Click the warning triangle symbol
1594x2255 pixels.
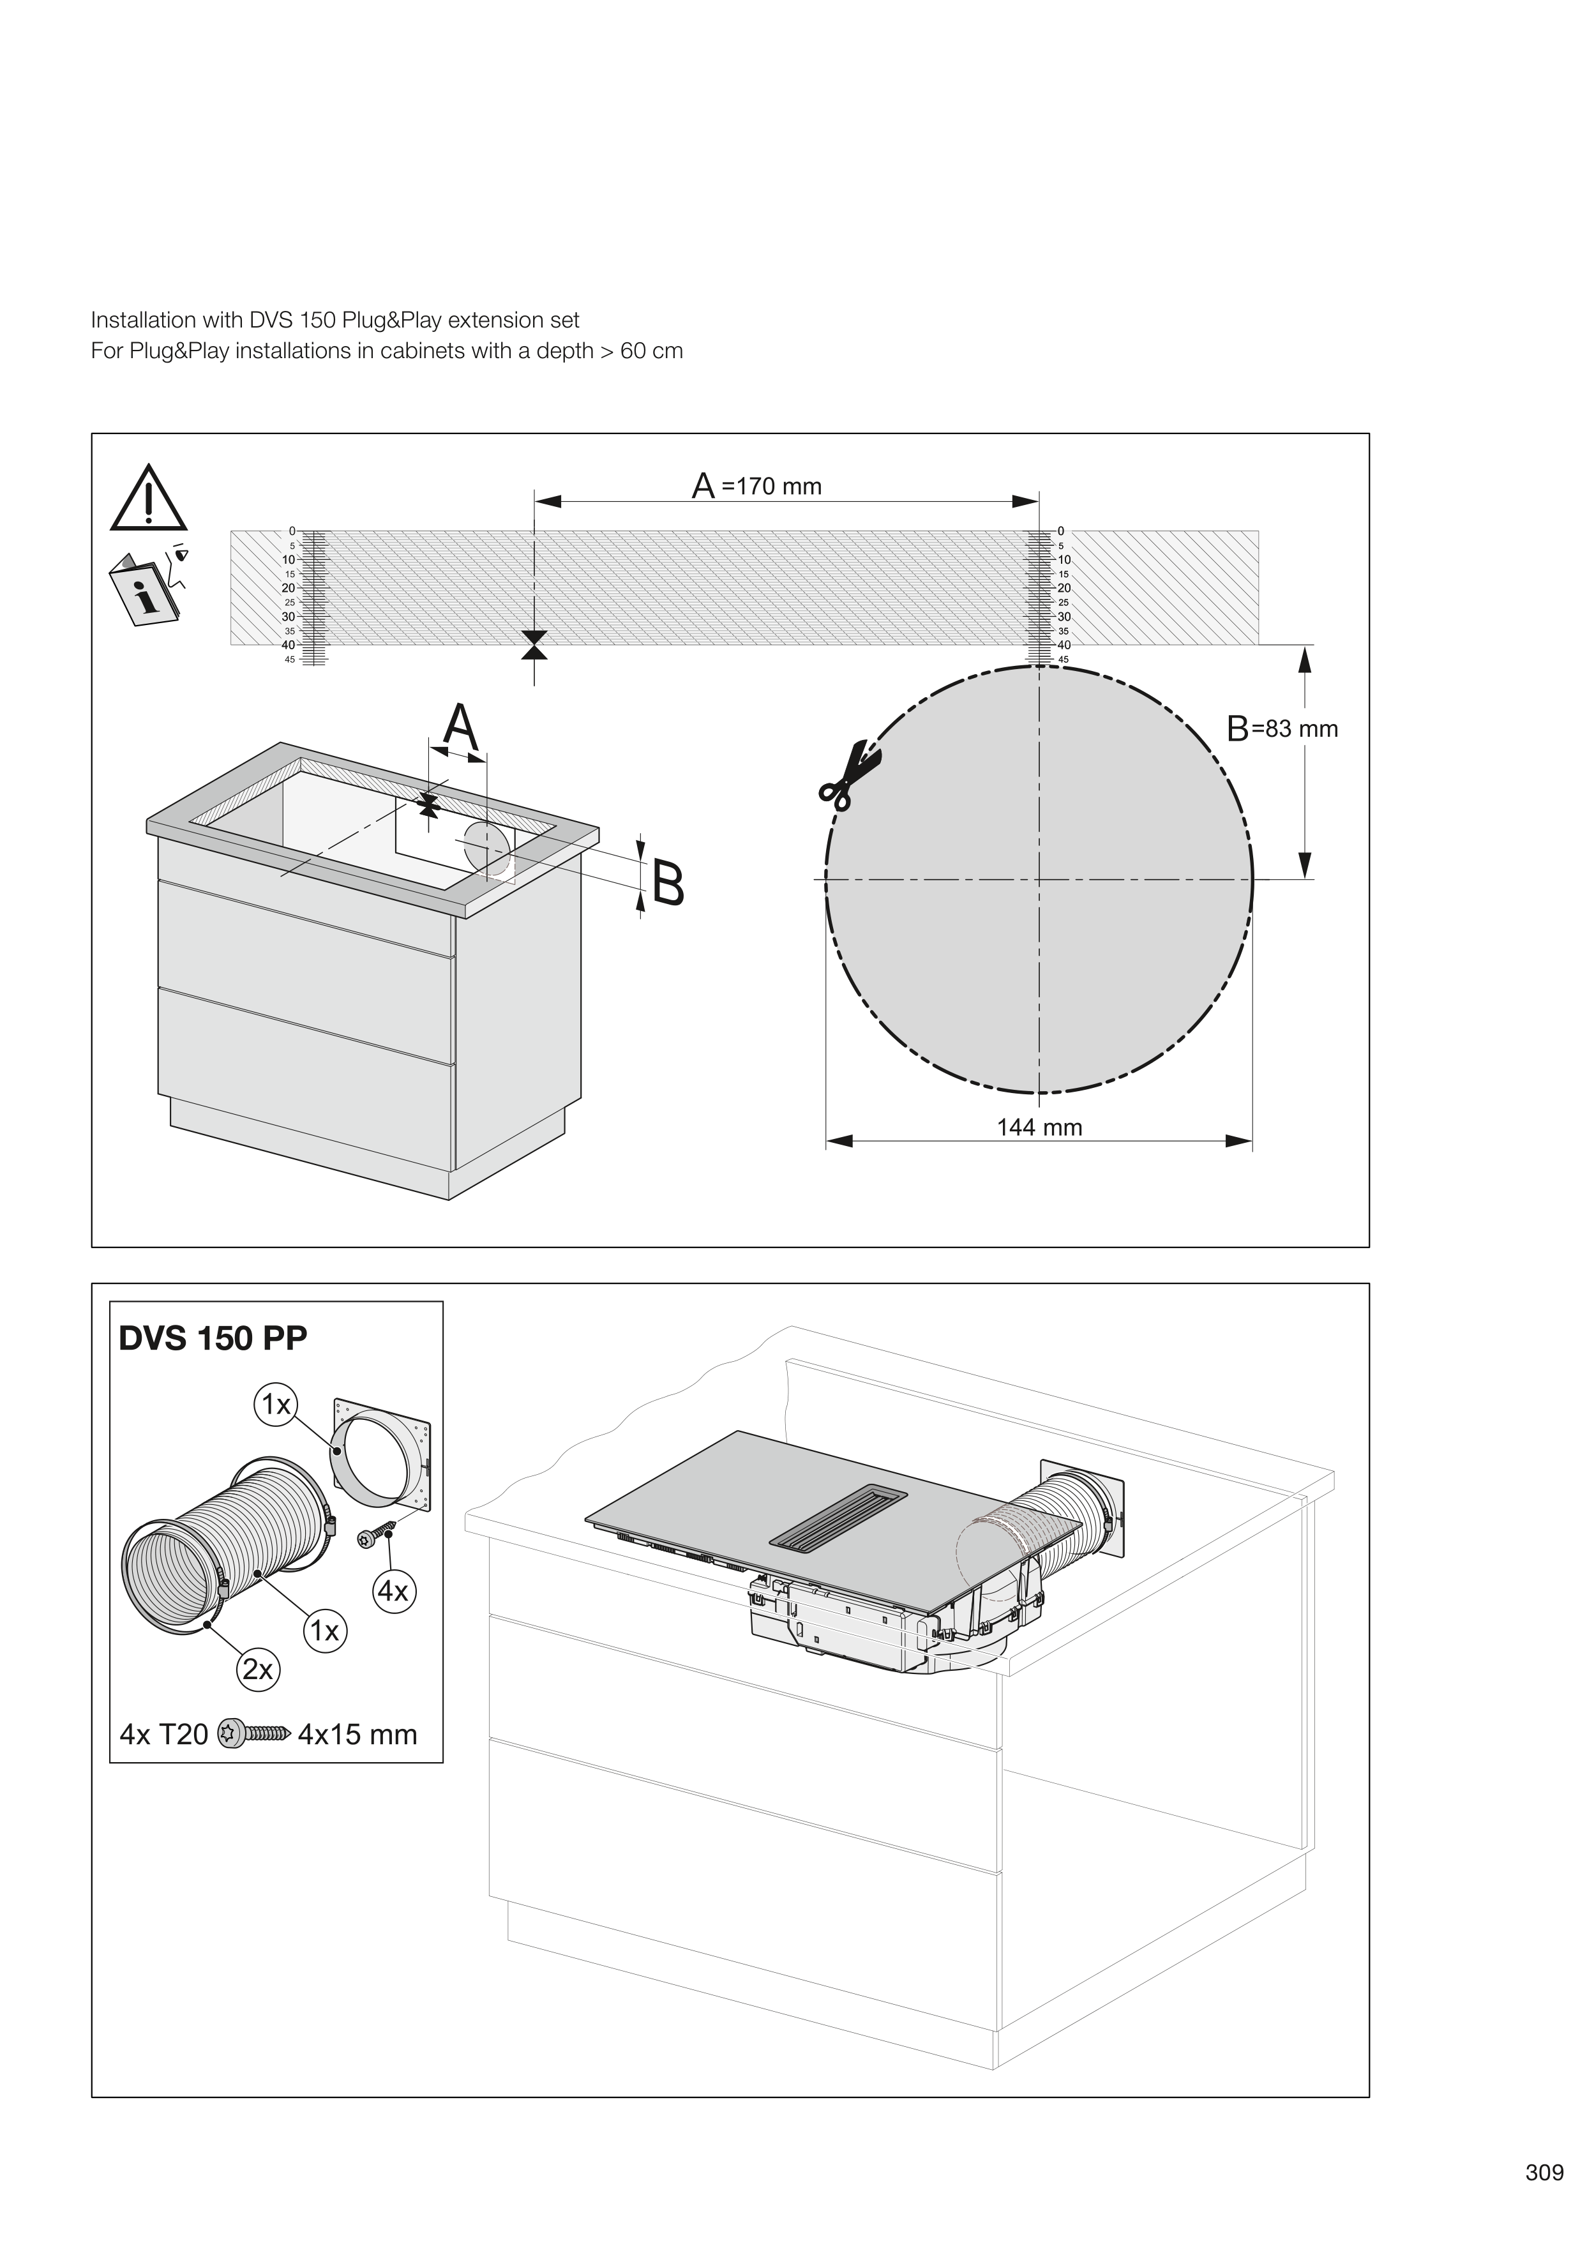click(x=148, y=500)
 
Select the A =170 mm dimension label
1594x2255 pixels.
click(x=757, y=486)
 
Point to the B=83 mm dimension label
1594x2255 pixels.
click(x=1282, y=728)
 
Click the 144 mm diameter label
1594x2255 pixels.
click(x=1039, y=1127)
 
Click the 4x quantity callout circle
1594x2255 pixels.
click(x=393, y=1591)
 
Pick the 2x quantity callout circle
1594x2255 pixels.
click(x=257, y=1670)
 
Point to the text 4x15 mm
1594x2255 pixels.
click(x=357, y=1735)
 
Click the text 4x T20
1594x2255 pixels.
click(x=164, y=1735)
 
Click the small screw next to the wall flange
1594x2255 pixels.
click(x=376, y=1537)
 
